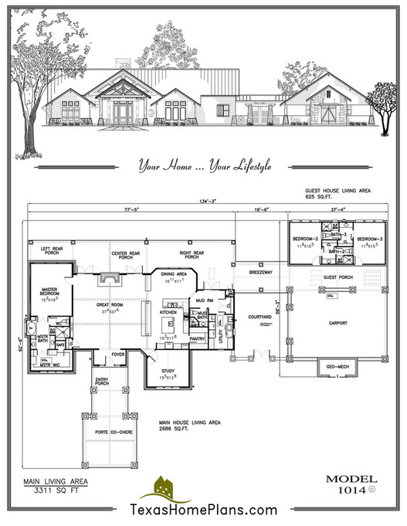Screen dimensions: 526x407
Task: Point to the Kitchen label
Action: pyautogui.click(x=169, y=311)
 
